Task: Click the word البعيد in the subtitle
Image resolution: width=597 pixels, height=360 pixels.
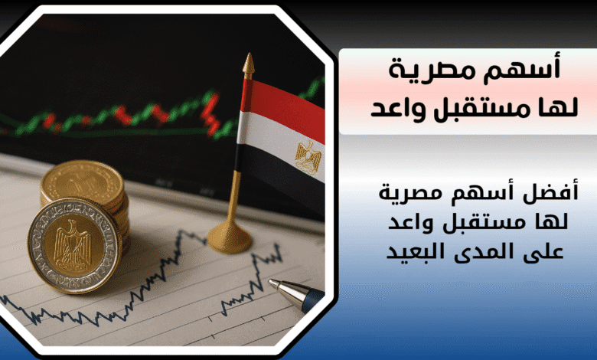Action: pyautogui.click(x=412, y=252)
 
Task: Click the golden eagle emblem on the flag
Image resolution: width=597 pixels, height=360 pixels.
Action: pyautogui.click(x=308, y=158)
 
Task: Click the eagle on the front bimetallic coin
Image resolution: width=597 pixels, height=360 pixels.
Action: pyautogui.click(x=73, y=244)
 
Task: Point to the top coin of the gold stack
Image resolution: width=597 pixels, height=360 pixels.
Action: pyautogui.click(x=83, y=183)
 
